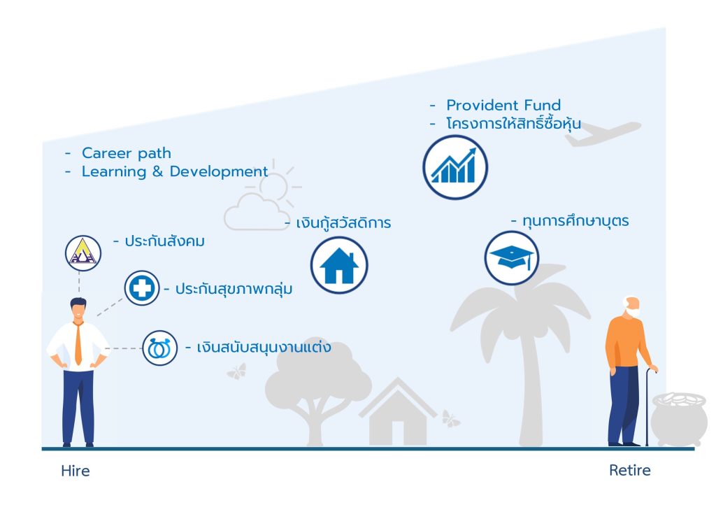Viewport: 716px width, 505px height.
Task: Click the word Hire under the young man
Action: [76, 471]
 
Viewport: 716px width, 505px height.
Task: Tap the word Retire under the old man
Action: [630, 470]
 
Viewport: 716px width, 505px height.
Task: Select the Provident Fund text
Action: [503, 105]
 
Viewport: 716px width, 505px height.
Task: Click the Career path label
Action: [127, 153]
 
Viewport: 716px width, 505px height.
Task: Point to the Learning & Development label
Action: [175, 171]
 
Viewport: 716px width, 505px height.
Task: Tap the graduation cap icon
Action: [511, 258]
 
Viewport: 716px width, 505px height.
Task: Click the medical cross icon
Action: [141, 288]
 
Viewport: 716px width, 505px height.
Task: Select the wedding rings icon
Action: [160, 348]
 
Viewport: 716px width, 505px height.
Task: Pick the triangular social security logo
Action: [83, 253]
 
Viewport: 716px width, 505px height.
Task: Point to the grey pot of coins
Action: [679, 418]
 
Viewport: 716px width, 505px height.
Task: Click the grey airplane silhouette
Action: [602, 132]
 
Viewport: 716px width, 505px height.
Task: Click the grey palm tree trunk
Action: [531, 388]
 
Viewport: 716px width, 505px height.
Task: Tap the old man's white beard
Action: [633, 312]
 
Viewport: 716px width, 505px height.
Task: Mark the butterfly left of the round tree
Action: [237, 371]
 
